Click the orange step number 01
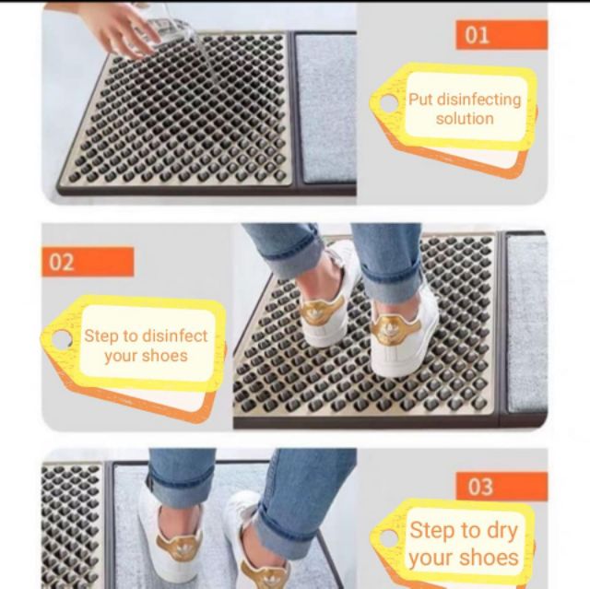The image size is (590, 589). (477, 35)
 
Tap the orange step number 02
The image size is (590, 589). (62, 262)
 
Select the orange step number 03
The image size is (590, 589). (479, 487)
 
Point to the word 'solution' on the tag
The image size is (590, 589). (465, 119)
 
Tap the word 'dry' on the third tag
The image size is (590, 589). (500, 531)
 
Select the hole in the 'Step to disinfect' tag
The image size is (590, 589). (62, 339)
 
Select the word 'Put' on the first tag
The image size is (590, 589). (420, 100)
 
